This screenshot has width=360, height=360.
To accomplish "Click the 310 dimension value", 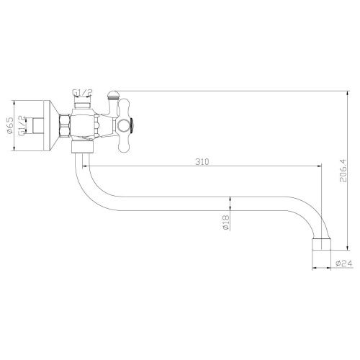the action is pos(202,162).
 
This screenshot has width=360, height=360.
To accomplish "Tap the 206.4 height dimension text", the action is pos(343,171).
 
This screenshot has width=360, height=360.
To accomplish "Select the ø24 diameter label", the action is pos(344,264).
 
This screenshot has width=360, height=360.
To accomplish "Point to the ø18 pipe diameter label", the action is pos(226,222).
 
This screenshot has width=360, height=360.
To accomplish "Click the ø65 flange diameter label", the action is pos(10,125).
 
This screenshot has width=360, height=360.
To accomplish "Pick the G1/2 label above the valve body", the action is pos(82,92).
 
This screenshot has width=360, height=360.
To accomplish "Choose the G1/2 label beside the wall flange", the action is pos(22,126).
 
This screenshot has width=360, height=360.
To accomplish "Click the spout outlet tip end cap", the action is pos(321,244).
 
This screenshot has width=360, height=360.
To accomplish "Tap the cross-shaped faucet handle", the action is pos(125,125).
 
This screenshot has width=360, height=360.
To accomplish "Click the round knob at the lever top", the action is pos(112,95).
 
